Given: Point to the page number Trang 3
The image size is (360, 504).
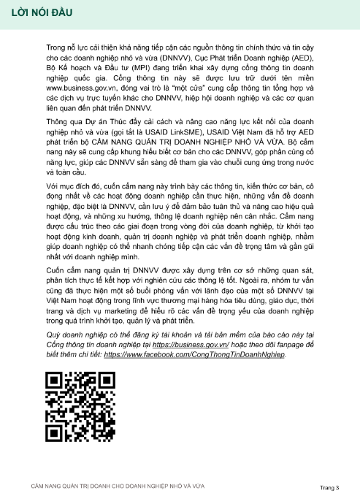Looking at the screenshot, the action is (x=329, y=486).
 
